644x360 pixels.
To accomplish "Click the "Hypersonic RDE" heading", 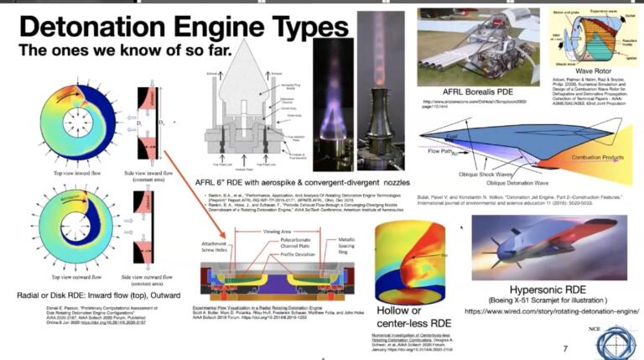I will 548,285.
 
